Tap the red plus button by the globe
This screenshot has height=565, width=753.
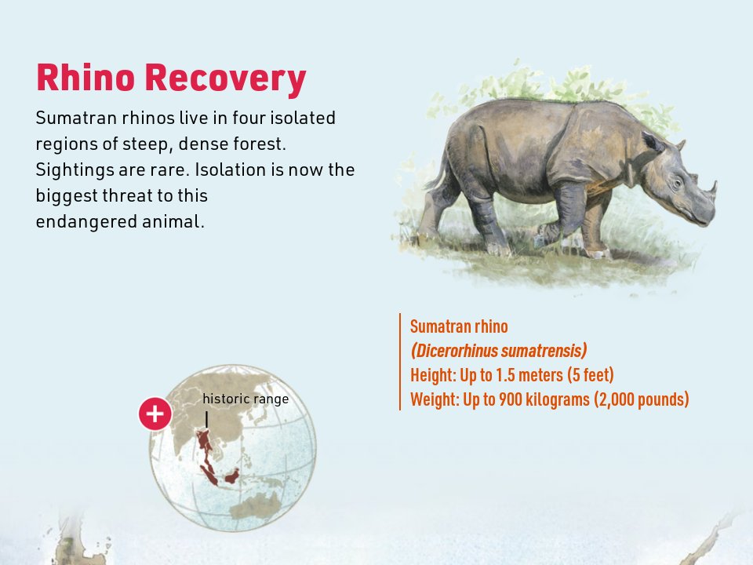click(x=155, y=414)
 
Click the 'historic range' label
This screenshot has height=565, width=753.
click(x=246, y=399)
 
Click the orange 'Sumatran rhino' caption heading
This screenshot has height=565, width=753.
click(x=459, y=326)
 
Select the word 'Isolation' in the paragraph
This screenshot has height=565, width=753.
click(x=229, y=169)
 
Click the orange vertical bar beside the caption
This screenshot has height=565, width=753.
click(x=400, y=362)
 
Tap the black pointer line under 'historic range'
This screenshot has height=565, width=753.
click(x=206, y=419)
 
